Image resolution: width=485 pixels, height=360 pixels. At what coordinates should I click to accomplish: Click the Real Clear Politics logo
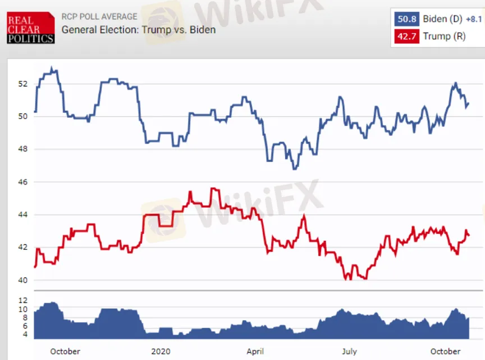(x=31, y=28)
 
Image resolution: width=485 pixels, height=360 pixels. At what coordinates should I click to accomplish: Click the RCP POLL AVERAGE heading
(x=99, y=17)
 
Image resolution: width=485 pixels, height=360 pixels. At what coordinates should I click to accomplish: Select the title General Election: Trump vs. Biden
(x=138, y=29)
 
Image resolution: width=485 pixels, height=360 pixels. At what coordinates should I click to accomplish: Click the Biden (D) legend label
(x=442, y=20)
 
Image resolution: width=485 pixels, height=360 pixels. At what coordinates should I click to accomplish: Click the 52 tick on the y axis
(x=22, y=84)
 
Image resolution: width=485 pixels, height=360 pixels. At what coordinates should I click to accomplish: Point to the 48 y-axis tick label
(x=22, y=149)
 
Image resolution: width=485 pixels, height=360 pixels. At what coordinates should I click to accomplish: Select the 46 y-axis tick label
(x=22, y=182)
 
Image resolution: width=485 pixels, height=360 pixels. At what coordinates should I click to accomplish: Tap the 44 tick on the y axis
(x=22, y=215)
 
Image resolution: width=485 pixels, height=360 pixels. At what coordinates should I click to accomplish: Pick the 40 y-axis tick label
(x=22, y=280)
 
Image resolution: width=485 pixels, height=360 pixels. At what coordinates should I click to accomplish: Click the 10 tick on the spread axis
(x=23, y=309)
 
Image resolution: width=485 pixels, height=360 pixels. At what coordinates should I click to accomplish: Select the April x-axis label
(x=255, y=352)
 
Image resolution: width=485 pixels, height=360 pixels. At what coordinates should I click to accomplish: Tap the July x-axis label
(x=349, y=352)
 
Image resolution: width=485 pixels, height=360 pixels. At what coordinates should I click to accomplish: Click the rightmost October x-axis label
(x=445, y=352)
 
